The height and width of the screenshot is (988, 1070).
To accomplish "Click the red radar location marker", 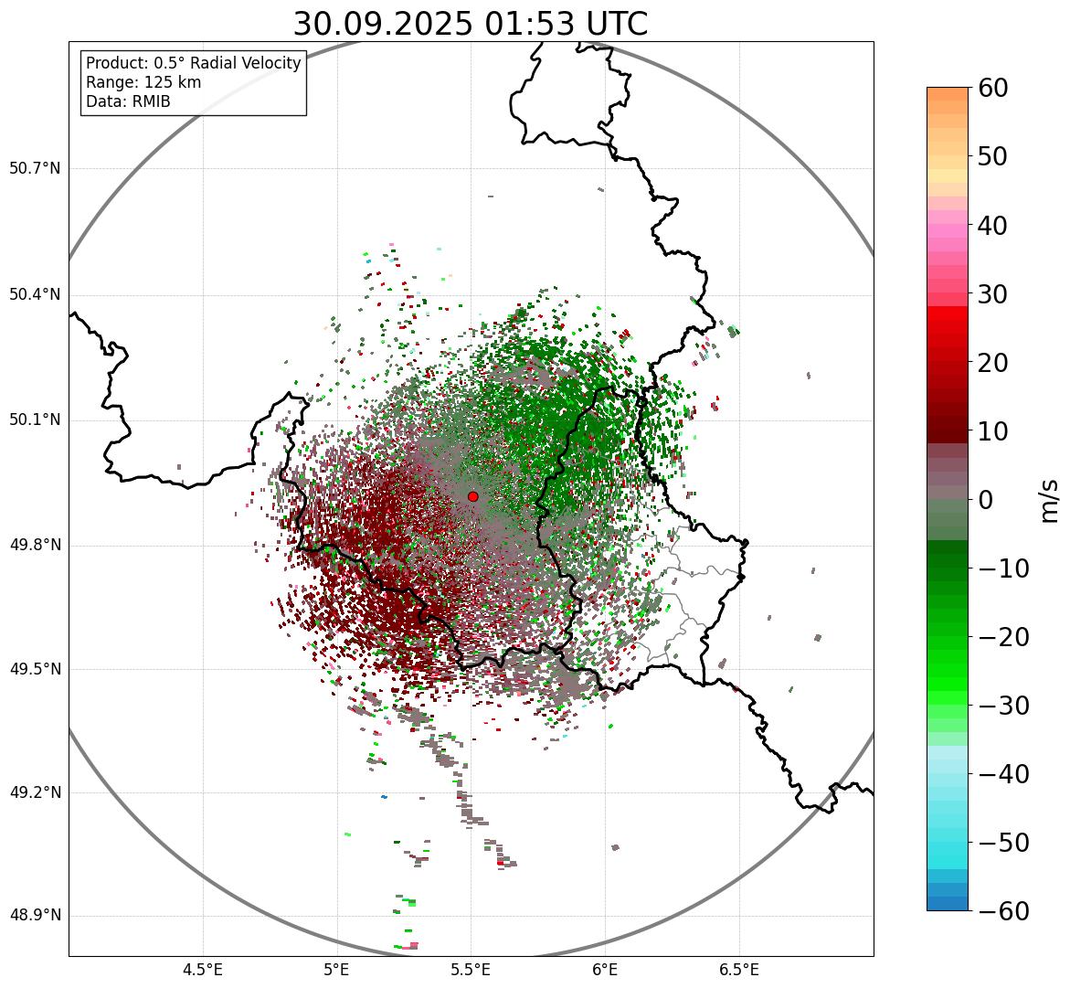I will (473, 496).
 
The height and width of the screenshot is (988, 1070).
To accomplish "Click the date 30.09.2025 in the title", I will (383, 24).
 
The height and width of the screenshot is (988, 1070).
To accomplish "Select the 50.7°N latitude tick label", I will (35, 169).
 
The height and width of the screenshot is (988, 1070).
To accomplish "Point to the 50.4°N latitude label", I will (35, 294).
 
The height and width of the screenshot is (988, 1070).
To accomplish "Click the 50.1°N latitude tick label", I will (35, 420).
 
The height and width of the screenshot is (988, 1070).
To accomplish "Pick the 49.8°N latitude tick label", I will (35, 546).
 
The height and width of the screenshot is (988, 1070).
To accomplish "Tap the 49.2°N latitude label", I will (35, 792).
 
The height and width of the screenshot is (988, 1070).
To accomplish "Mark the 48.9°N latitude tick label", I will (35, 916).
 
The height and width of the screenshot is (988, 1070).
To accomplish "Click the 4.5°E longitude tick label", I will (203, 970).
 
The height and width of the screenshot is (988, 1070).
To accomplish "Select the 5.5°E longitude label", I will (471, 970).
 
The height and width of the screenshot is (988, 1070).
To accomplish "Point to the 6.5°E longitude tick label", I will (738, 970).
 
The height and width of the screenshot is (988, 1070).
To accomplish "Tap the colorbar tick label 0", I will (986, 500).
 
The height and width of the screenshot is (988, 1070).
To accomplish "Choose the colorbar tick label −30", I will (1003, 706).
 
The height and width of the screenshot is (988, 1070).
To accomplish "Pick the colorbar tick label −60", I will (1003, 911).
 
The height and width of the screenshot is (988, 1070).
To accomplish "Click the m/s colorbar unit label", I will (1050, 499).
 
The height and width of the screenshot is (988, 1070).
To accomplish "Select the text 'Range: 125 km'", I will (143, 82).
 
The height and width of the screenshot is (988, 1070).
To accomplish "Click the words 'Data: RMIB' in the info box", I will (128, 101).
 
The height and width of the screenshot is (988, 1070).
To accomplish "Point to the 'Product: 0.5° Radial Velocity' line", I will (193, 63).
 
